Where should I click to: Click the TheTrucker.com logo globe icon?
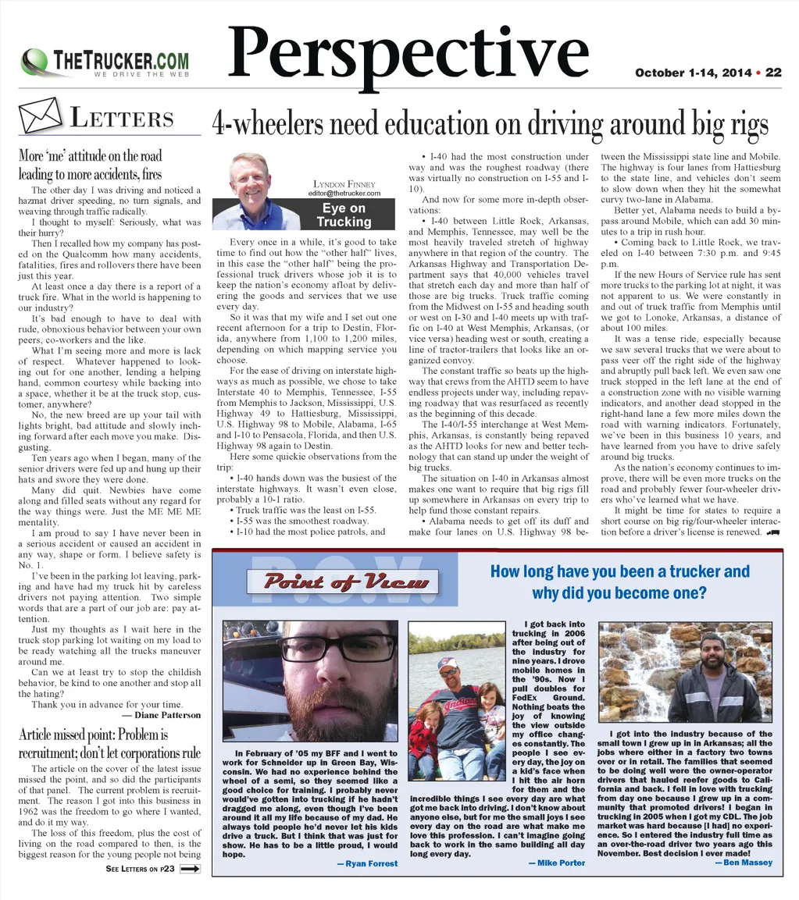pos(35,61)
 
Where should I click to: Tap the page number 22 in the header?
pos(773,73)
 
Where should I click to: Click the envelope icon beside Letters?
pos(39,117)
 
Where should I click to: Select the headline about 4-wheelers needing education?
pos(490,123)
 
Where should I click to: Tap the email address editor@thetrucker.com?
pos(344,193)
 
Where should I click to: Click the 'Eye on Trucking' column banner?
pos(344,215)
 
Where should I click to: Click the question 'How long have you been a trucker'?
pos(619,572)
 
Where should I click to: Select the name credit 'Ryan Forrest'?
pos(366,863)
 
